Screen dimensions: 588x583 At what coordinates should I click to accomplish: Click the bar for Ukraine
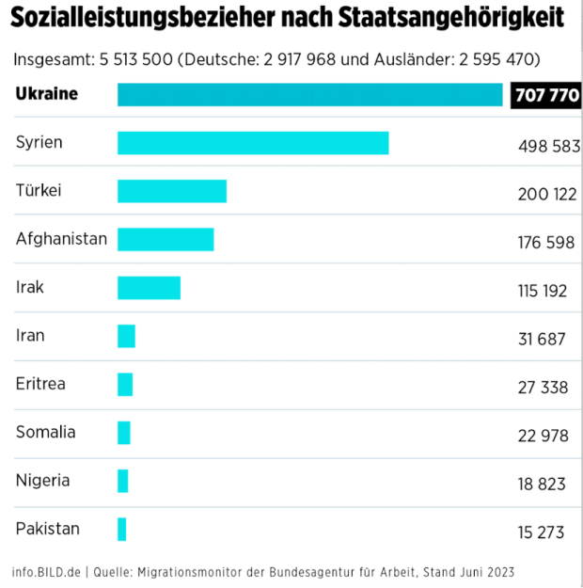point(309,95)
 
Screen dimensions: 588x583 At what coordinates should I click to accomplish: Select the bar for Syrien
point(252,143)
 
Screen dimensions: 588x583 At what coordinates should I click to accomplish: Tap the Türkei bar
point(171,191)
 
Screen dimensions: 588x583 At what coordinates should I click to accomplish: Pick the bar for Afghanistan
point(165,239)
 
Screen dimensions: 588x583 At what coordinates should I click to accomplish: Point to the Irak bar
point(149,288)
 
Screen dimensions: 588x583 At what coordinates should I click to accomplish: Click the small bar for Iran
point(126,336)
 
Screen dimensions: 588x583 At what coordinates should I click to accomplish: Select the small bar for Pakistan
point(121,529)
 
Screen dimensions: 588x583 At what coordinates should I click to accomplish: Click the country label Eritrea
point(40,384)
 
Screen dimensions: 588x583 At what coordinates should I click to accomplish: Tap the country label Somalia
point(45,433)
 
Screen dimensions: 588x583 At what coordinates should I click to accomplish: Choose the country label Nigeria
point(42,481)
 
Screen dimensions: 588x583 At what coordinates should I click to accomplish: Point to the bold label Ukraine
point(47,94)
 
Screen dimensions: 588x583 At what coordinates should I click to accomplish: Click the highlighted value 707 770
point(546,96)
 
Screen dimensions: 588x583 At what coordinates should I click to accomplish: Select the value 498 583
point(548,146)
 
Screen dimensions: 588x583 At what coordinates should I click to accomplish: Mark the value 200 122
point(546,194)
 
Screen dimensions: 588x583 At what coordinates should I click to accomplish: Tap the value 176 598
point(545,243)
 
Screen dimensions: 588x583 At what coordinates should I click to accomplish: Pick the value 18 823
point(542,484)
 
